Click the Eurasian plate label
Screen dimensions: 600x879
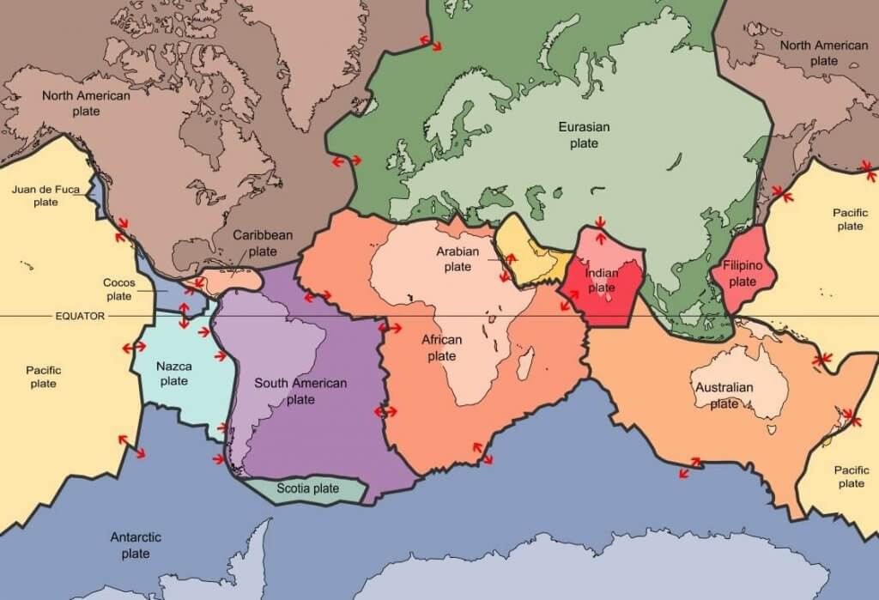tap(584, 135)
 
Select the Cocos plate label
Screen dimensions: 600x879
tap(118, 289)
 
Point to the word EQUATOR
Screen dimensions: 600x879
tap(80, 316)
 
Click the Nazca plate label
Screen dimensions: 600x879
tap(173, 373)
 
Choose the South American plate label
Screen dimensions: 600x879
tap(300, 391)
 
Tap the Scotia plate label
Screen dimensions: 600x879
tap(307, 488)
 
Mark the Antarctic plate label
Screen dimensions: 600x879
tap(136, 545)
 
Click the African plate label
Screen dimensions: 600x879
tap(441, 348)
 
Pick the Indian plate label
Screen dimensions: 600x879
tap(602, 281)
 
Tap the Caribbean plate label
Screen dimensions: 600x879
tap(263, 243)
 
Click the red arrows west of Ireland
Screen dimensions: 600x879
tap(347, 161)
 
